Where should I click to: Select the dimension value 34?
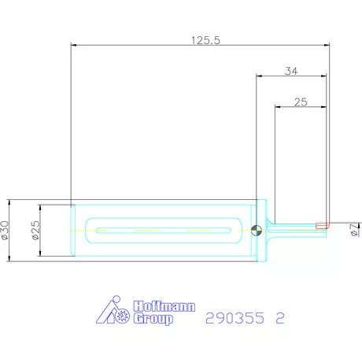(x=290, y=71)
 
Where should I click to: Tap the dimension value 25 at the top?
(x=299, y=102)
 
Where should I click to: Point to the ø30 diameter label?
(x=6, y=230)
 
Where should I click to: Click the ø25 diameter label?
(x=35, y=230)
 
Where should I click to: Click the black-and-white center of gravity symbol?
(x=256, y=231)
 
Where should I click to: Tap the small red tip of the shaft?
(x=321, y=224)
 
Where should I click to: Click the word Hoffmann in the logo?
(x=164, y=308)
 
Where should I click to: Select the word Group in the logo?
(x=153, y=320)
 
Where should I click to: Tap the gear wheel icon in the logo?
(x=122, y=319)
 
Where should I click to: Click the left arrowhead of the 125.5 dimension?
(x=73, y=46)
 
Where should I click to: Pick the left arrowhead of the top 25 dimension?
(x=276, y=106)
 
